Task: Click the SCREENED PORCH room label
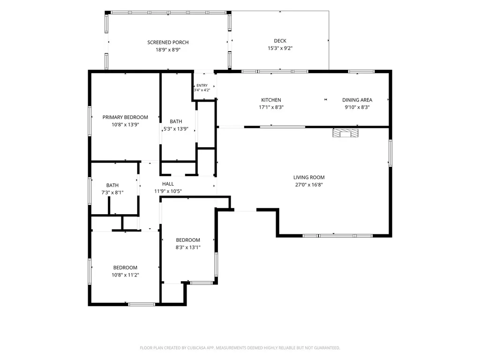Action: coord(168,42)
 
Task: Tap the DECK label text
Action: coord(280,41)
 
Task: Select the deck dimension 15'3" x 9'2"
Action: coord(280,48)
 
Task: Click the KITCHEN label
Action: coord(271,100)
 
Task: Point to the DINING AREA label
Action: coord(357,100)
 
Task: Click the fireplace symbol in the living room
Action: coord(345,133)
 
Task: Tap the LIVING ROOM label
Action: coord(309,177)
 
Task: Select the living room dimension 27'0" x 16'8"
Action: coord(309,185)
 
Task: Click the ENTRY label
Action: coord(202,85)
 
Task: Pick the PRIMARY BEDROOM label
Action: coord(125,117)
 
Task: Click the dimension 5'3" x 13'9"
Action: coord(176,129)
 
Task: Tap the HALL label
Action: coord(168,184)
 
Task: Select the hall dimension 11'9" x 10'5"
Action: coord(168,191)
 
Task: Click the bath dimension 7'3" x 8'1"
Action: coord(112,193)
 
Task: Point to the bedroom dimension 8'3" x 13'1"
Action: coord(187,247)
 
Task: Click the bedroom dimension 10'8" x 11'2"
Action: coord(125,275)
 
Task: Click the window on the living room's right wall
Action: coord(390,153)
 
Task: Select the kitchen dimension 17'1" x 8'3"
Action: coord(271,107)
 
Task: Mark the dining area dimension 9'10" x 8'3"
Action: coord(357,107)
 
